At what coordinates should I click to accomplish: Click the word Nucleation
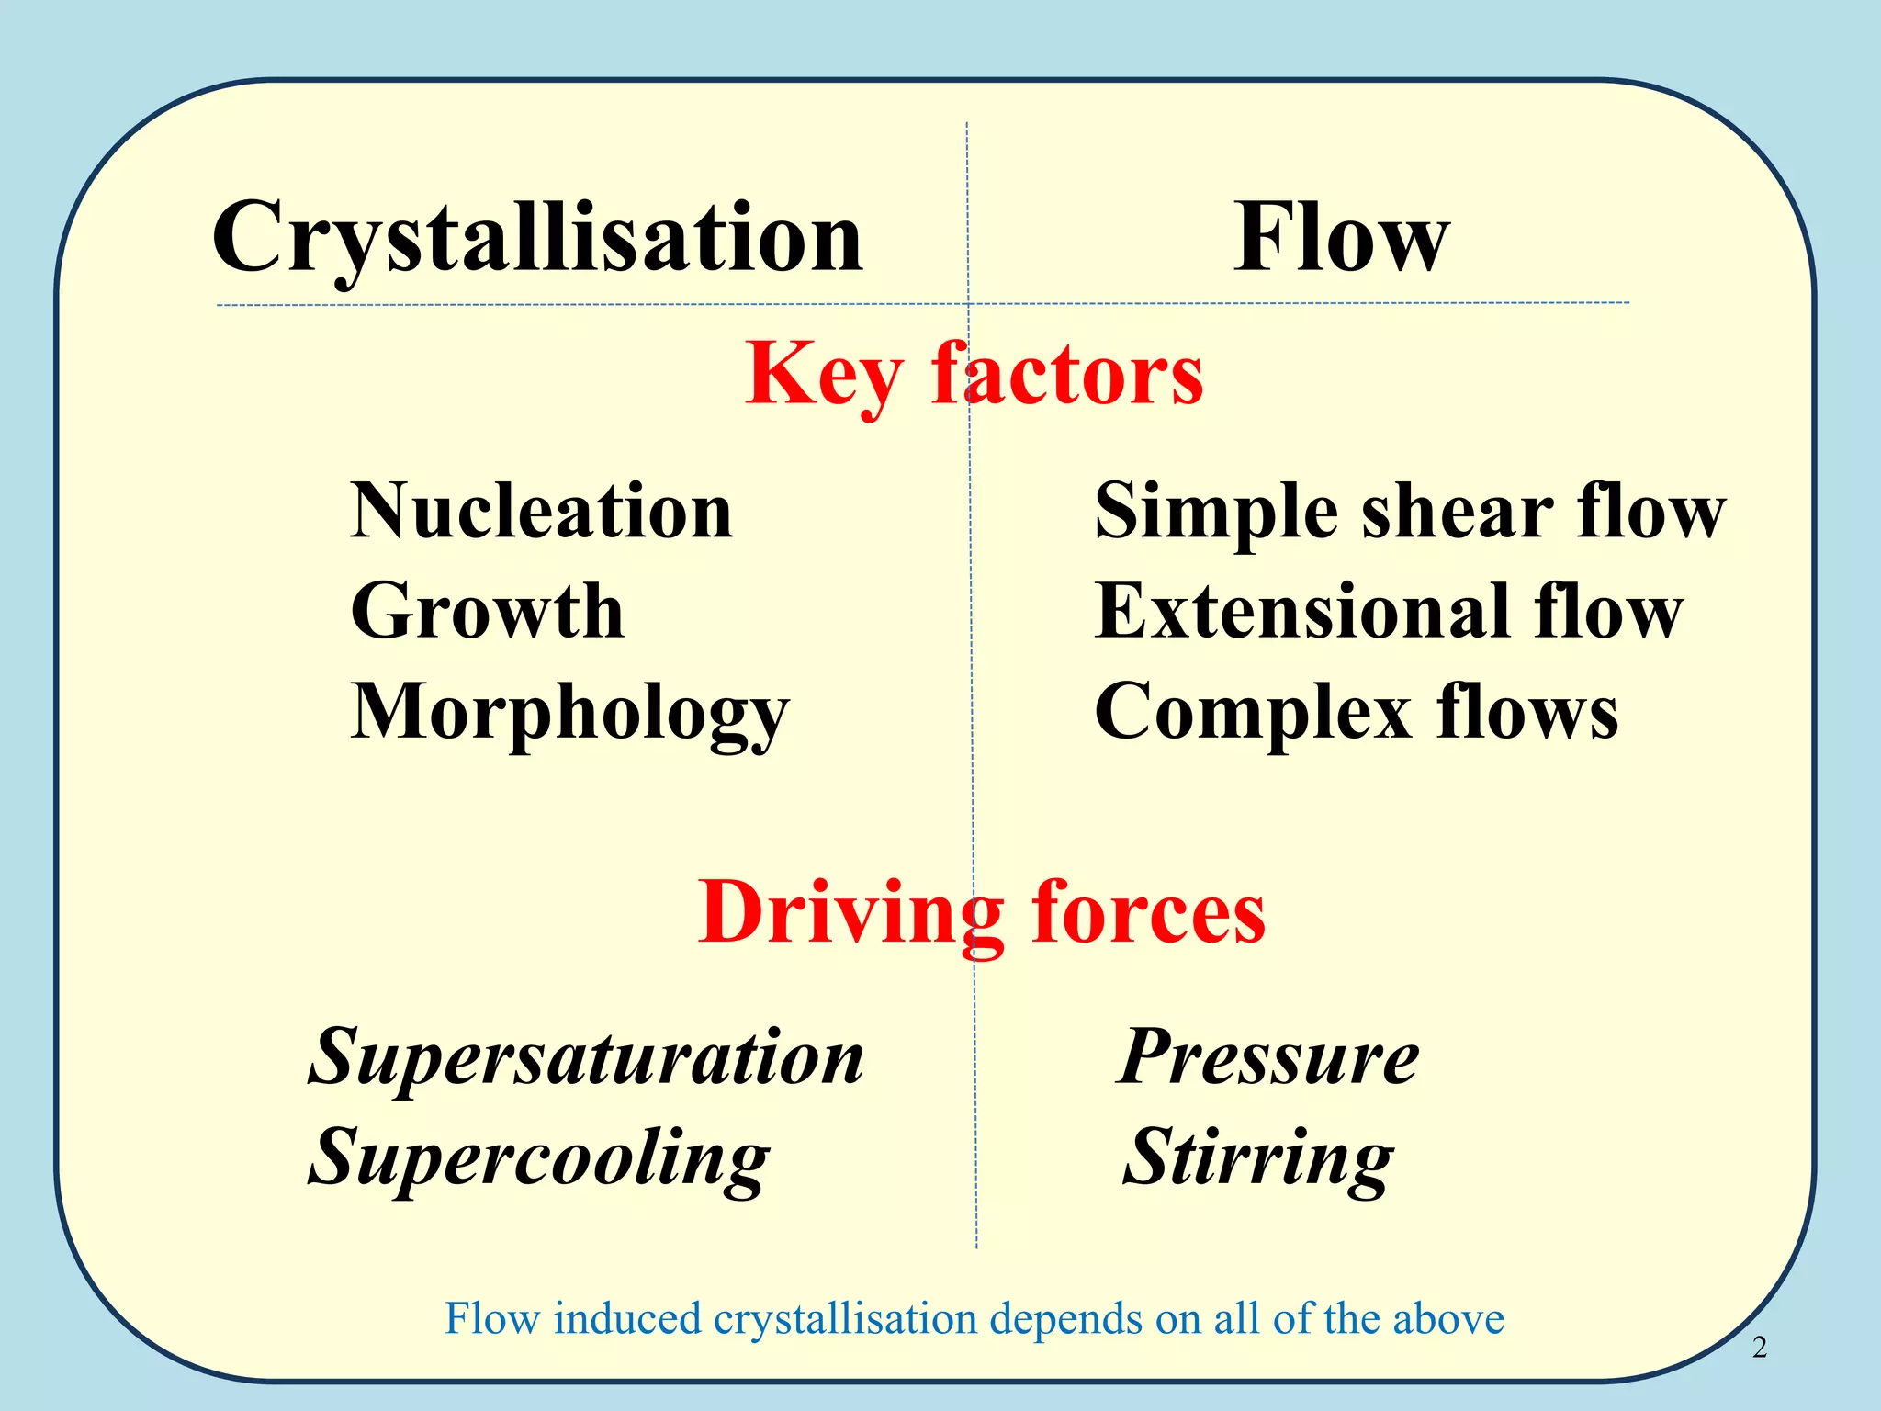542,511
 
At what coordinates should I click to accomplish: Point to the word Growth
488,611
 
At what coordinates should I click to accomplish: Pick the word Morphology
569,714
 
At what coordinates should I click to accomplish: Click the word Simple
1216,513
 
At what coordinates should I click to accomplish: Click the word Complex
1254,712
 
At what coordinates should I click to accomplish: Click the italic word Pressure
1268,1056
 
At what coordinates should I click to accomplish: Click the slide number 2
1759,1347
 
